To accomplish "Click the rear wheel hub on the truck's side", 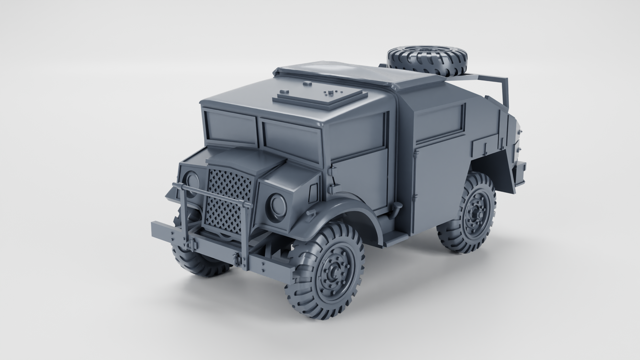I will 474,212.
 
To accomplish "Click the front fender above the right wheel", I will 337,213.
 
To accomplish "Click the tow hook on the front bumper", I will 192,245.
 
